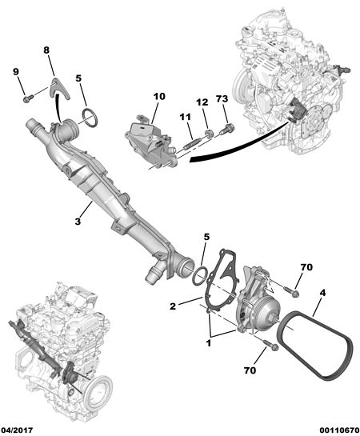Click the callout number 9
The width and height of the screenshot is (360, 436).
(16, 72)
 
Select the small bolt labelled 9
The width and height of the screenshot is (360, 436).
(28, 98)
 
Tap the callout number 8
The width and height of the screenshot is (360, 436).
(46, 50)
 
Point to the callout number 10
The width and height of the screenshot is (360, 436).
(159, 97)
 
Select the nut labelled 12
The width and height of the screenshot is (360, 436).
(209, 133)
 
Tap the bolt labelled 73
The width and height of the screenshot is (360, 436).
(226, 130)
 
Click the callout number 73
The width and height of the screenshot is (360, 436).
(222, 98)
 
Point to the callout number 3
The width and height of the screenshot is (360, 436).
(78, 222)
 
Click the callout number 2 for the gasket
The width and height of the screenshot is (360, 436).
(173, 306)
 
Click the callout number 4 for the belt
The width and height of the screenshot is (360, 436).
(322, 293)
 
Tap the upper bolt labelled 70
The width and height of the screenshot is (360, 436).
(291, 291)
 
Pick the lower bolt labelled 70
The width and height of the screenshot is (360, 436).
(270, 345)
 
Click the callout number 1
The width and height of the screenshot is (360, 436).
(208, 344)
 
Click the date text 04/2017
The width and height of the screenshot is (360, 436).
(17, 430)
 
